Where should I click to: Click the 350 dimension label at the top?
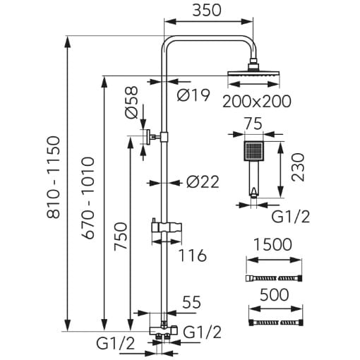pos(207,11)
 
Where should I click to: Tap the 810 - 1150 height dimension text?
pos(54,178)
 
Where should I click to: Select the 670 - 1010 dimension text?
pos(88,198)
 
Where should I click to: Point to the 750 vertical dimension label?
pos(121,236)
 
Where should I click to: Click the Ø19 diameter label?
pos(193,95)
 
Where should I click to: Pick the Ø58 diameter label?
pos(131,102)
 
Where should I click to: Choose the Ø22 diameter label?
pos(203,182)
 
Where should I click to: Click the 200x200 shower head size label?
pos(257,102)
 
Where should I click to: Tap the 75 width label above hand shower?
pos(253,124)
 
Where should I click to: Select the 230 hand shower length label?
pos(298,167)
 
